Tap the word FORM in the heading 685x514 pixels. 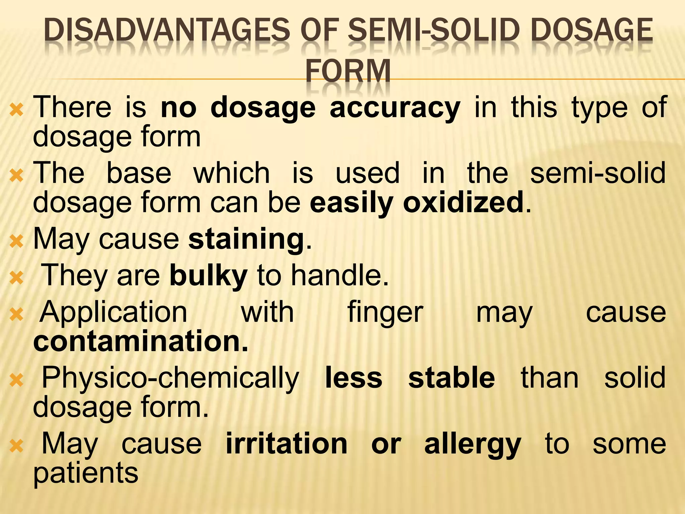click(348, 71)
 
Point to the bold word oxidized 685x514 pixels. click(463, 203)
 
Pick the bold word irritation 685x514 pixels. click(287, 444)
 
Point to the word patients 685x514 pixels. click(86, 474)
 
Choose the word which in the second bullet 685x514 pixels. click(231, 173)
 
